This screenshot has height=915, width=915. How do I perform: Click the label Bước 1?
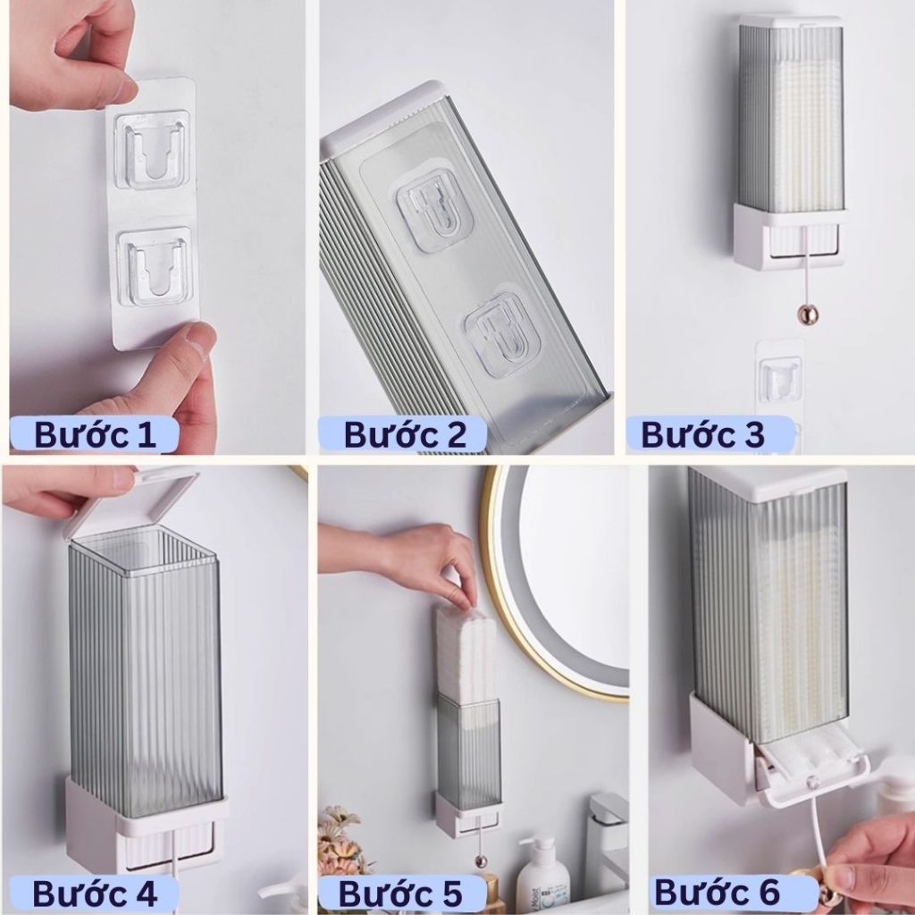(95, 435)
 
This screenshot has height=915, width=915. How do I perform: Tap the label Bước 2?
(405, 435)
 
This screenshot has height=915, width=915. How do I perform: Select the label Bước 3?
(702, 435)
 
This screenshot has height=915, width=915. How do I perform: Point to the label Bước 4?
(95, 894)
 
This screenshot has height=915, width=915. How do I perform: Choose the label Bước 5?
(400, 894)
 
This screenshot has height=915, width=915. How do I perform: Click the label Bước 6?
(718, 892)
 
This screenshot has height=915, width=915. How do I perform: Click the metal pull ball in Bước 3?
(808, 316)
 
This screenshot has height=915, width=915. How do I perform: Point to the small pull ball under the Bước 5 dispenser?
(481, 860)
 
